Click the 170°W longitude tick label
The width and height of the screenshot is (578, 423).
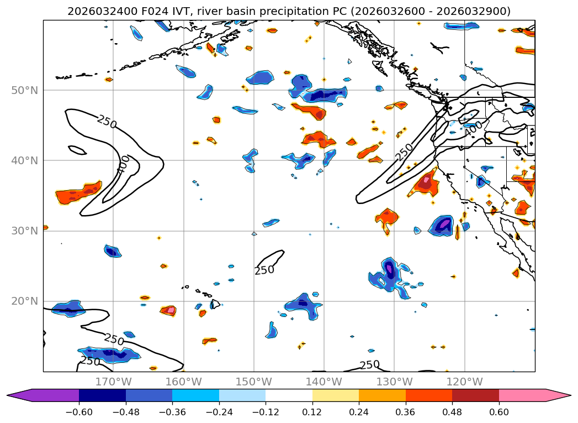[x=113, y=382]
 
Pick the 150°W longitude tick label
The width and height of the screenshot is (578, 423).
[x=254, y=382]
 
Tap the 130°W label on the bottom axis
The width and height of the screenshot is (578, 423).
[x=394, y=382]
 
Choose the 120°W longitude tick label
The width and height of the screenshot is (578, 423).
[x=464, y=382]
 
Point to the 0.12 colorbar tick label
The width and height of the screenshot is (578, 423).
[x=312, y=412]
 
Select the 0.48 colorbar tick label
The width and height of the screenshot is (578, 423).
[x=452, y=412]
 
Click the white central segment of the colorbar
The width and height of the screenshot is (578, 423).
[x=289, y=395]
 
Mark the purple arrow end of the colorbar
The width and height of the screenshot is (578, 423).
[x=19, y=395]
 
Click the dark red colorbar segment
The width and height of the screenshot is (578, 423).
[x=475, y=395]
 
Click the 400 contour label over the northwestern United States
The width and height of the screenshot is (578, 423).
[x=473, y=128]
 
